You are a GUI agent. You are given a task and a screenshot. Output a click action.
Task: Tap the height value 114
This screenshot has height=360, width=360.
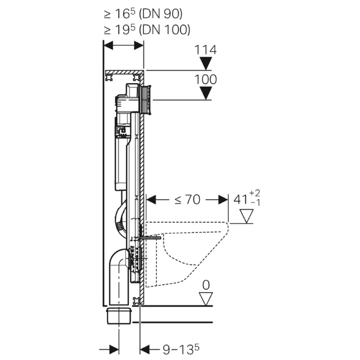206,50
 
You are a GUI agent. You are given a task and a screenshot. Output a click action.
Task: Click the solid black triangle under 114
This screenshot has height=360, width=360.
206,63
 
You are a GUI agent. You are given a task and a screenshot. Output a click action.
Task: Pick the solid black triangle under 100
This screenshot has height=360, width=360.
206,93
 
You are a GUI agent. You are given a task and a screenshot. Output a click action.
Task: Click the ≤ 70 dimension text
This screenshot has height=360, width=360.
186,200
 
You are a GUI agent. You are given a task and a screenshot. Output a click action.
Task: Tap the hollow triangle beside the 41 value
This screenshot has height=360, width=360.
248,217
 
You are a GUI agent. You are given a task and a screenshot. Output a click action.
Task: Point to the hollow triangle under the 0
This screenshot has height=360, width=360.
206,298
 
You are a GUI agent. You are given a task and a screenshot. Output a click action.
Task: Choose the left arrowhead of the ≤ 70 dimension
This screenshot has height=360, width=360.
152,200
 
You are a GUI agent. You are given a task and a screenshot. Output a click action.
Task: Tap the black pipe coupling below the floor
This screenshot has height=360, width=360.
120,316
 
